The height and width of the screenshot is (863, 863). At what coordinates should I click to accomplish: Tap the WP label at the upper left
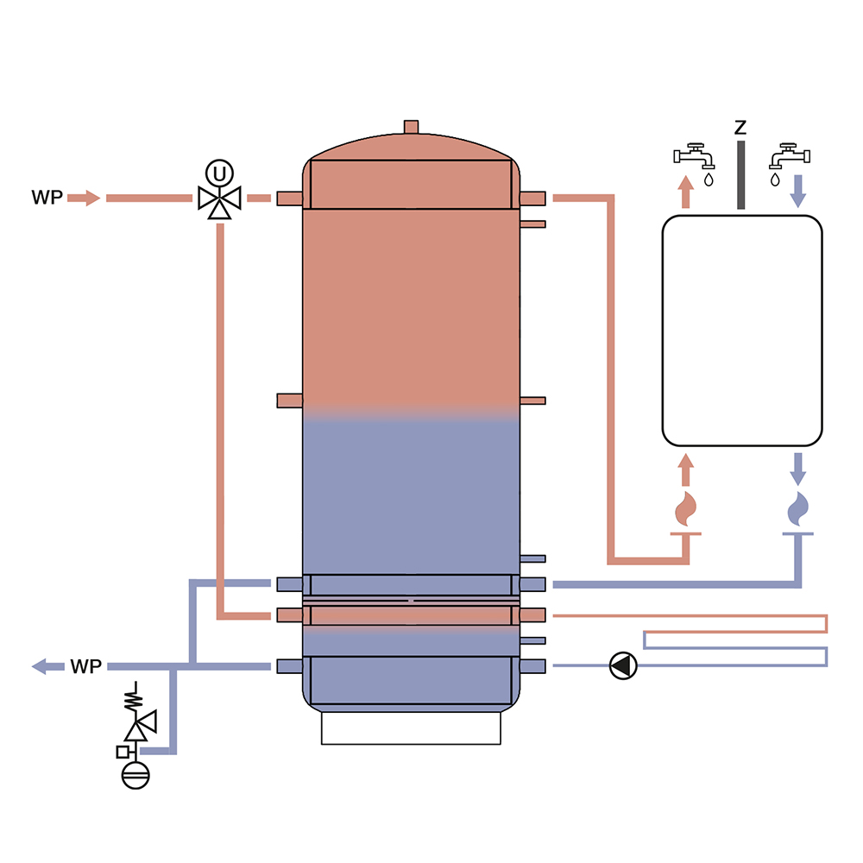[x=47, y=198]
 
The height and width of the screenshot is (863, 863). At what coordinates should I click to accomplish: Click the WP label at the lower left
[x=86, y=666]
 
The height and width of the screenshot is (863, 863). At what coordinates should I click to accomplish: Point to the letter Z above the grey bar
[x=740, y=128]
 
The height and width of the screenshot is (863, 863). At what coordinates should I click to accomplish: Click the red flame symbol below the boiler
[x=686, y=509]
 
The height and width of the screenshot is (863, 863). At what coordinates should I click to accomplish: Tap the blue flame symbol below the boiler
[x=798, y=509]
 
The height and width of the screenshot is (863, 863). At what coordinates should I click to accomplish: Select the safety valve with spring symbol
[x=138, y=723]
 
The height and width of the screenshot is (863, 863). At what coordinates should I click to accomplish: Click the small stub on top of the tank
[x=411, y=127]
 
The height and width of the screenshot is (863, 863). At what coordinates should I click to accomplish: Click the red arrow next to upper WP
[x=84, y=198]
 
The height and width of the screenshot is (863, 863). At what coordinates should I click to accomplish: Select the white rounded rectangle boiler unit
[x=741, y=331]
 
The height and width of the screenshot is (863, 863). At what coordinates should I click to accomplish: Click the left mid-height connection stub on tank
[x=289, y=400]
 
